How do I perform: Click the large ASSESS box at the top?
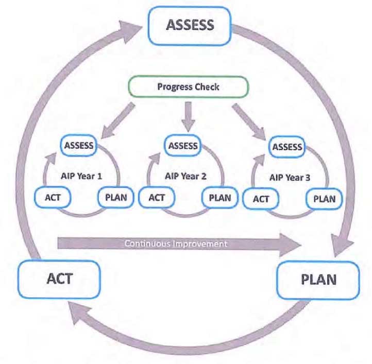tap(190, 25)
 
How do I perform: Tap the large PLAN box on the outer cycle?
tap(318, 280)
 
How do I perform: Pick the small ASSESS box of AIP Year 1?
tap(79, 145)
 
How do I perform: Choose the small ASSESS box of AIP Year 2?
tap(183, 146)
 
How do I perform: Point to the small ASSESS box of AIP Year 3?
tap(287, 147)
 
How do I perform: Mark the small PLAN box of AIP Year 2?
tap(220, 197)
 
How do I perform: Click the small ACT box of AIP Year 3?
tap(261, 199)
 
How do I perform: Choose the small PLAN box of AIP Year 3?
tap(324, 198)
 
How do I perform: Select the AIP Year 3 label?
tap(291, 177)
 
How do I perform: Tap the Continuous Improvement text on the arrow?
tap(175, 243)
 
